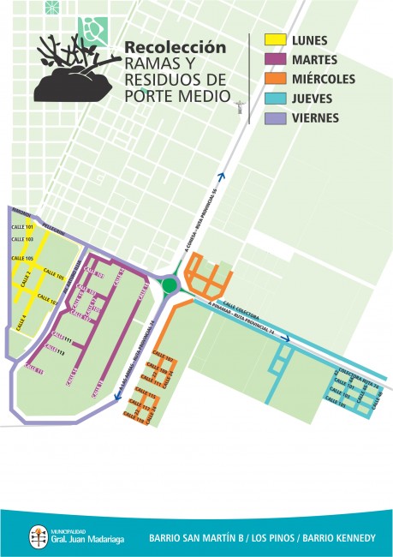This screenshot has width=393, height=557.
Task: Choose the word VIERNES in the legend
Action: tap(315, 117)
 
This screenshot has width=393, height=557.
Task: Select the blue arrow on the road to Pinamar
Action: tap(288, 338)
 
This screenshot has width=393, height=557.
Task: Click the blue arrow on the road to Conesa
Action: tap(222, 177)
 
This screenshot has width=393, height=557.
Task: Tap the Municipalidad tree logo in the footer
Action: tap(39, 536)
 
